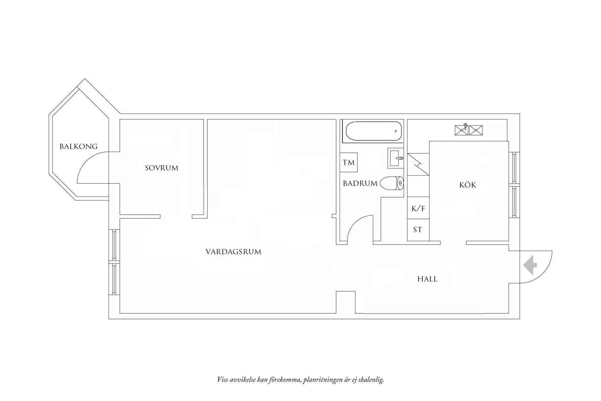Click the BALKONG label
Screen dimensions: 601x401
[x=79, y=147]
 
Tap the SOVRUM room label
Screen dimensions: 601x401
[x=162, y=168]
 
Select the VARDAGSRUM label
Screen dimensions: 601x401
[x=233, y=252]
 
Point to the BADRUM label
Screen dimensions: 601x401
[x=360, y=183]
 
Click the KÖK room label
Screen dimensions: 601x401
[x=468, y=185]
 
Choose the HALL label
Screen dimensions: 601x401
[x=427, y=279]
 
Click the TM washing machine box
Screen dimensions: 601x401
[x=348, y=162]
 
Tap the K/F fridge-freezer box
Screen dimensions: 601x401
[x=418, y=208]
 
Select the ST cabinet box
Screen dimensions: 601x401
[x=418, y=230]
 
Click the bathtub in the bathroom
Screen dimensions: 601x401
[x=373, y=131]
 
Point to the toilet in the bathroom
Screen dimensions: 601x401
[x=392, y=183]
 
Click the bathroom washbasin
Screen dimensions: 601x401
[x=395, y=158]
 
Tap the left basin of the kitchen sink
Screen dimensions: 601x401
[x=461, y=130]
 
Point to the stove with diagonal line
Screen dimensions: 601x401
[x=418, y=165]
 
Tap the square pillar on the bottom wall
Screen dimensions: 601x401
[x=346, y=302]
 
